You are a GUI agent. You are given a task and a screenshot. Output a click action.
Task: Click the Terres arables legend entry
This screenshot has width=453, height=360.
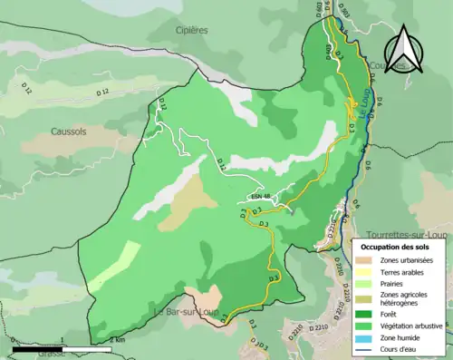click(x=399, y=273)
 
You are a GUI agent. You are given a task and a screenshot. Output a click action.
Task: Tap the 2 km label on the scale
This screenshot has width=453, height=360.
click(x=116, y=340)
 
